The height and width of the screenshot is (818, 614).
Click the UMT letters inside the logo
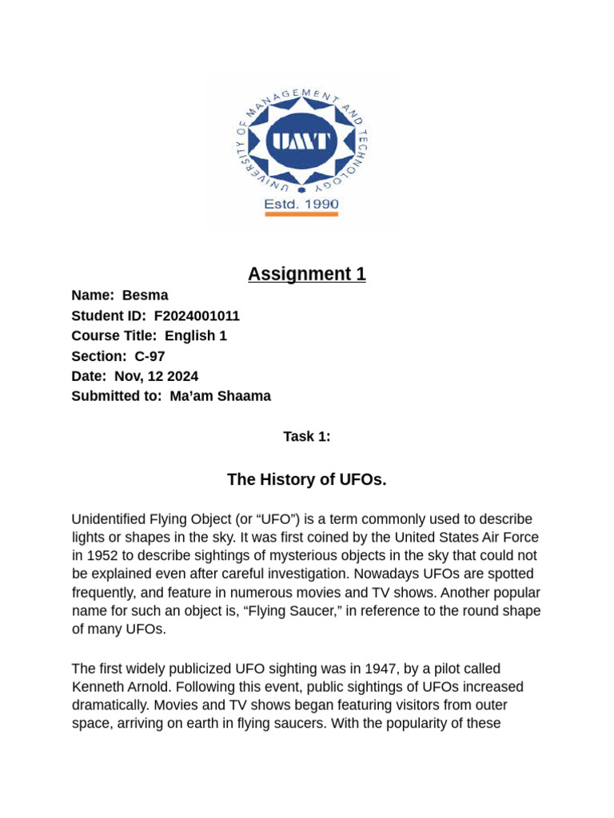tap(301, 141)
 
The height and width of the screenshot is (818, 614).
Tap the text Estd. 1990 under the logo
tap(301, 204)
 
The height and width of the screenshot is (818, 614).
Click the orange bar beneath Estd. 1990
tap(301, 214)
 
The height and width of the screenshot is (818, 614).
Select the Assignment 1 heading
tap(307, 274)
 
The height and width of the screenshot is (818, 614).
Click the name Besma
tap(145, 296)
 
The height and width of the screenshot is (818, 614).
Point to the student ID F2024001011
tap(197, 316)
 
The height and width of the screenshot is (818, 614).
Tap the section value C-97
tap(150, 355)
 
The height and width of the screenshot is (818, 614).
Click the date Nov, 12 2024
tap(156, 375)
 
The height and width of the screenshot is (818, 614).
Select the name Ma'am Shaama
tap(220, 395)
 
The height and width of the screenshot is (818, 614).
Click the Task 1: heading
tap(307, 436)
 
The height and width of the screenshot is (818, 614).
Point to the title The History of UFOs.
tap(307, 479)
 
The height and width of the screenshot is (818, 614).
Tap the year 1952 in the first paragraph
tap(103, 556)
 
